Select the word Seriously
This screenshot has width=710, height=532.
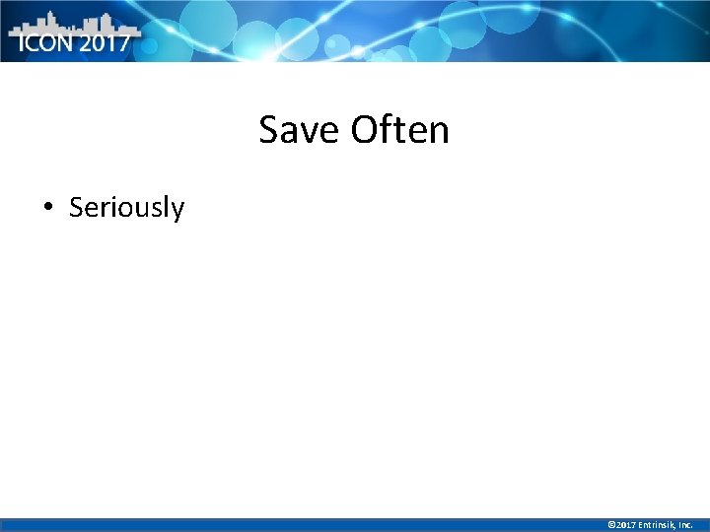pyautogui.click(x=126, y=208)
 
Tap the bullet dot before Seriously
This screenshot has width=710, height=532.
pyautogui.click(x=47, y=207)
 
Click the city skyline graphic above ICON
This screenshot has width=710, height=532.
pyautogui.click(x=69, y=22)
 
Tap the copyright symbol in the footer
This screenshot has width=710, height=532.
pyautogui.click(x=611, y=525)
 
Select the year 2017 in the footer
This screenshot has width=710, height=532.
pyautogui.click(x=626, y=525)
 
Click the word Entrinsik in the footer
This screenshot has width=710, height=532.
pyautogui.click(x=658, y=525)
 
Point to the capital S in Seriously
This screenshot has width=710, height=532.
pyautogui.click(x=76, y=208)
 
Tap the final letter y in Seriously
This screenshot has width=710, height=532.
pyautogui.click(x=177, y=211)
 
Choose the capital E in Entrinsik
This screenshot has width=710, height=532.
pyautogui.click(x=641, y=525)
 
